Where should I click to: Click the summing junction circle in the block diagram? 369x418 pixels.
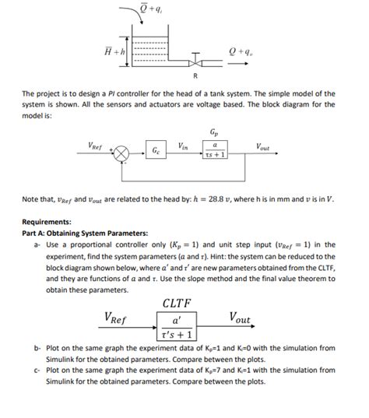pyautogui.click(x=121, y=153)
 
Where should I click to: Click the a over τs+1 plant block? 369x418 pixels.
pyautogui.click(x=213, y=149)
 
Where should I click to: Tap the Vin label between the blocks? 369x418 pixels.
pyautogui.click(x=183, y=145)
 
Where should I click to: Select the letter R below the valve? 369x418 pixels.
pyautogui.click(x=195, y=76)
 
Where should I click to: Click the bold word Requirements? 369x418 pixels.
pyautogui.click(x=48, y=220)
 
